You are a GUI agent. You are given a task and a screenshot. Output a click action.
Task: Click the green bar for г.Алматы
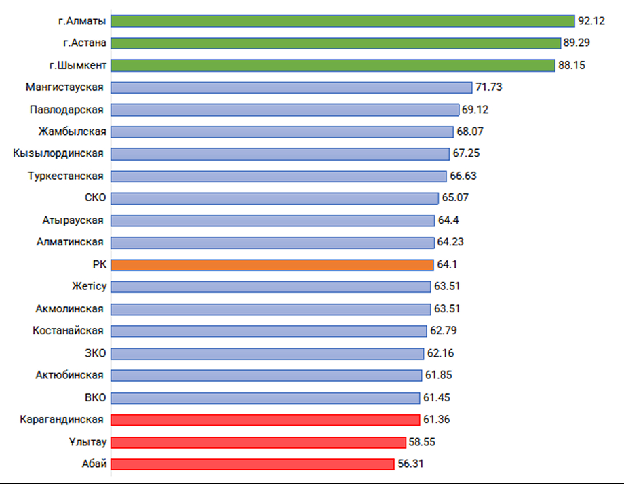[343, 21]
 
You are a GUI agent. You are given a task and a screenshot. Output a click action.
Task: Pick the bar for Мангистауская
[290, 87]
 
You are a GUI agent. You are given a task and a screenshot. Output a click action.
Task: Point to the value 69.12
[475, 109]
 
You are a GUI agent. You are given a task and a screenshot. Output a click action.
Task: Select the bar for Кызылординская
[279, 154]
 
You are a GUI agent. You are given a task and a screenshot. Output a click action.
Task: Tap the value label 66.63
[463, 176]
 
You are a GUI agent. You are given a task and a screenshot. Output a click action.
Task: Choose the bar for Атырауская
[272, 220]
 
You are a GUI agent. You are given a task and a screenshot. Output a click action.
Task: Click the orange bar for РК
[271, 264]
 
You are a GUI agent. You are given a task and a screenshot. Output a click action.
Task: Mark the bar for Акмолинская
[270, 309]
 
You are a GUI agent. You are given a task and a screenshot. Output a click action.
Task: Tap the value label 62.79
[444, 331]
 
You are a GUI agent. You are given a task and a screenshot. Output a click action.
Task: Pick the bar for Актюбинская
[266, 376]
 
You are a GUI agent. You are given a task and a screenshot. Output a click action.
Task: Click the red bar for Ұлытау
[258, 442]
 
